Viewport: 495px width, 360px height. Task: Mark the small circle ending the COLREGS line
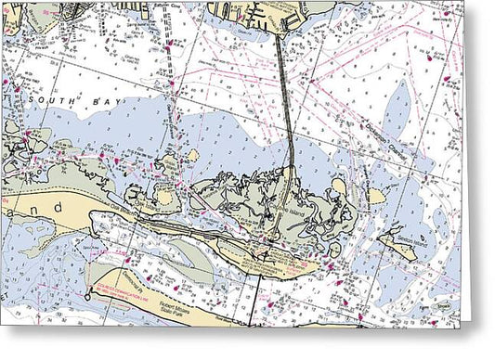point(88,296)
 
